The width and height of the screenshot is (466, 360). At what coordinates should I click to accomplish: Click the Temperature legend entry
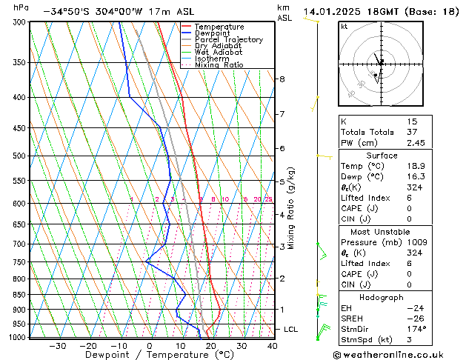[219, 27]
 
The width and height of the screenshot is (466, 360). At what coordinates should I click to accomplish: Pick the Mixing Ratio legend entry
[219, 65]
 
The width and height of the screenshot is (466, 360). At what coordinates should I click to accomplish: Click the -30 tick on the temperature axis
[56, 346]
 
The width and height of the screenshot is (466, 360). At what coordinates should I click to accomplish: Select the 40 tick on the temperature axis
[272, 346]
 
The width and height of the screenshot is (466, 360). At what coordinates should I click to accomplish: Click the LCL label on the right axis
[291, 329]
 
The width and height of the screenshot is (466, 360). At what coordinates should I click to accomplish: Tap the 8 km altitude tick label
[282, 79]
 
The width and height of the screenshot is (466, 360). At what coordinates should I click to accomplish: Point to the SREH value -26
[414, 318]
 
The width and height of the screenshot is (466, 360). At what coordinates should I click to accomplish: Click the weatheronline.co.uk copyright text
[393, 354]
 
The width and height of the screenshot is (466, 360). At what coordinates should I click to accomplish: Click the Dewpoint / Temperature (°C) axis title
[149, 355]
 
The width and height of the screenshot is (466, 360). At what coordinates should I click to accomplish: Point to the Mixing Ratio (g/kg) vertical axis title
[291, 208]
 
